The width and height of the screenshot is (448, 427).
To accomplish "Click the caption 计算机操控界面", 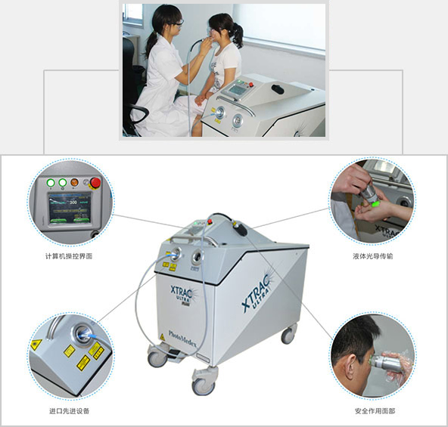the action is (x=69, y=256).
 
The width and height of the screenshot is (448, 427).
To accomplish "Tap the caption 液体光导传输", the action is (x=373, y=256).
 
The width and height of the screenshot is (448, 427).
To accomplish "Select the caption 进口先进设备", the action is (x=70, y=410).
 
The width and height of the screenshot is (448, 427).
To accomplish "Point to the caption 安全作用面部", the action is (x=375, y=411).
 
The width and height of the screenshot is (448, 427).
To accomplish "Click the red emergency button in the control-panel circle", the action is (x=95, y=183).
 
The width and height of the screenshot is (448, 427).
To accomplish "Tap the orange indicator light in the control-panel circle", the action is (x=75, y=182).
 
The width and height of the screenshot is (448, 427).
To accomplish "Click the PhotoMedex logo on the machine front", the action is (x=182, y=339).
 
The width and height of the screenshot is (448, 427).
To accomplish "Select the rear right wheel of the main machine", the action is (x=288, y=335).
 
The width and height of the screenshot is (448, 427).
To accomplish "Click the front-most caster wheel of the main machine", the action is (x=204, y=386).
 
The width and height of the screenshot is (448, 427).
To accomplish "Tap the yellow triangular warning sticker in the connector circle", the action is (x=36, y=345).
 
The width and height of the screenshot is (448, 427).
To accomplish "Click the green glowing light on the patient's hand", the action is (x=376, y=203).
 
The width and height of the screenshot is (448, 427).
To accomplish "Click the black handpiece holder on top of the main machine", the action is (x=240, y=228).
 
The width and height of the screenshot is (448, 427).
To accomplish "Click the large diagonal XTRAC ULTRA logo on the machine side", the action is (x=257, y=293).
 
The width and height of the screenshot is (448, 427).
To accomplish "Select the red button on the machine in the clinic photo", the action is (x=251, y=85).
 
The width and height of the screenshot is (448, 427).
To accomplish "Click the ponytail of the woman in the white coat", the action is (x=151, y=45).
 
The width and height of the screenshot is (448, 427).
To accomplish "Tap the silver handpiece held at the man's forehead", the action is (x=384, y=362).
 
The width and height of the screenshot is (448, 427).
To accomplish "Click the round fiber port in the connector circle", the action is (x=82, y=332).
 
